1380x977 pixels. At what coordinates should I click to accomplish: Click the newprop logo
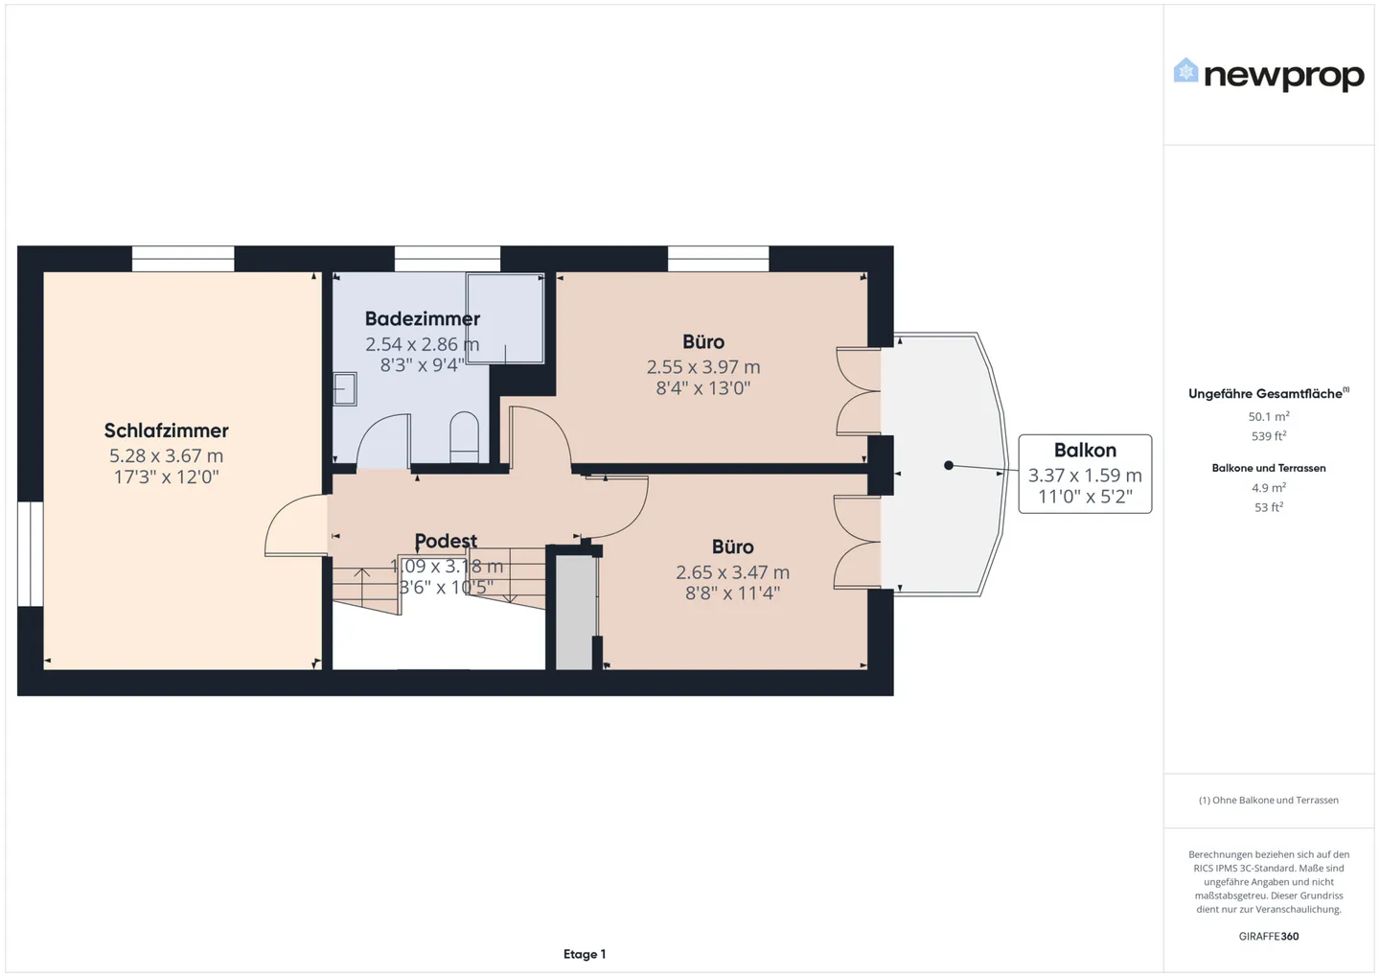tap(1268, 75)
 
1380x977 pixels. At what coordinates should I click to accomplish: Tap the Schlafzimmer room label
tap(167, 430)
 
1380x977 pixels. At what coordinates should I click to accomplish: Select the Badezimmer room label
tap(422, 319)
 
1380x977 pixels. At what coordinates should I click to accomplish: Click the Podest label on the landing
tap(446, 541)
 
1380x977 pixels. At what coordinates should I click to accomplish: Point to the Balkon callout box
tap(1085, 474)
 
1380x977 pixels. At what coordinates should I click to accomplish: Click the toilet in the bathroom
tap(464, 437)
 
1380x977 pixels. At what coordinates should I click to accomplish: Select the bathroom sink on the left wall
tap(344, 389)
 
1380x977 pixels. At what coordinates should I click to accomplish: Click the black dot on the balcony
tap(949, 465)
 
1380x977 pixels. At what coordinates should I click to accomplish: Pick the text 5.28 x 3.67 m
tap(166, 456)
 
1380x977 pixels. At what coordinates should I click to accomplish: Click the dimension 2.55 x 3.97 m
tap(703, 367)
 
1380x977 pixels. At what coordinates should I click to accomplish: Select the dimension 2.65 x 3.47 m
tap(732, 572)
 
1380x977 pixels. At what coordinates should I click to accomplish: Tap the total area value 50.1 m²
tap(1268, 416)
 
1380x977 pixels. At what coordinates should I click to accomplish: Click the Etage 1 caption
tap(585, 954)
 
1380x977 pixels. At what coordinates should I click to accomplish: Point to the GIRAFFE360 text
tap(1268, 936)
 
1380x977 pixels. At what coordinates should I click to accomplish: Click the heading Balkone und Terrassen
tap(1268, 468)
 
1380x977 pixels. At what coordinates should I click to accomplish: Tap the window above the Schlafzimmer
tap(183, 259)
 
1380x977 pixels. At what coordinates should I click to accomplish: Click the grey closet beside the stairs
tap(574, 613)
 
